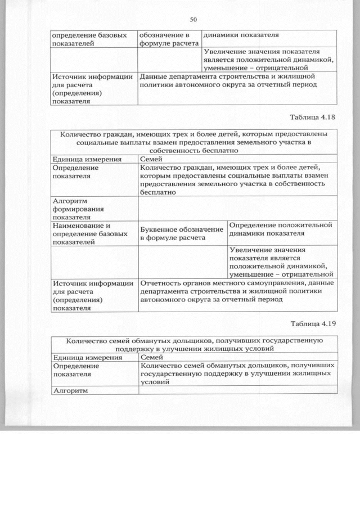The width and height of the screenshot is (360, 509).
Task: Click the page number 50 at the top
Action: click(193, 20)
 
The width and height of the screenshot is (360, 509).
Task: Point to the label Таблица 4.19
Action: click(313, 324)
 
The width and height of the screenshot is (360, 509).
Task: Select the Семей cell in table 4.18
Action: click(150, 159)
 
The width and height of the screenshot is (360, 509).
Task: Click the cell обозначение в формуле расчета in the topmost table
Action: click(168, 38)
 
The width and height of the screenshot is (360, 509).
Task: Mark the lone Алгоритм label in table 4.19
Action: click(71, 389)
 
